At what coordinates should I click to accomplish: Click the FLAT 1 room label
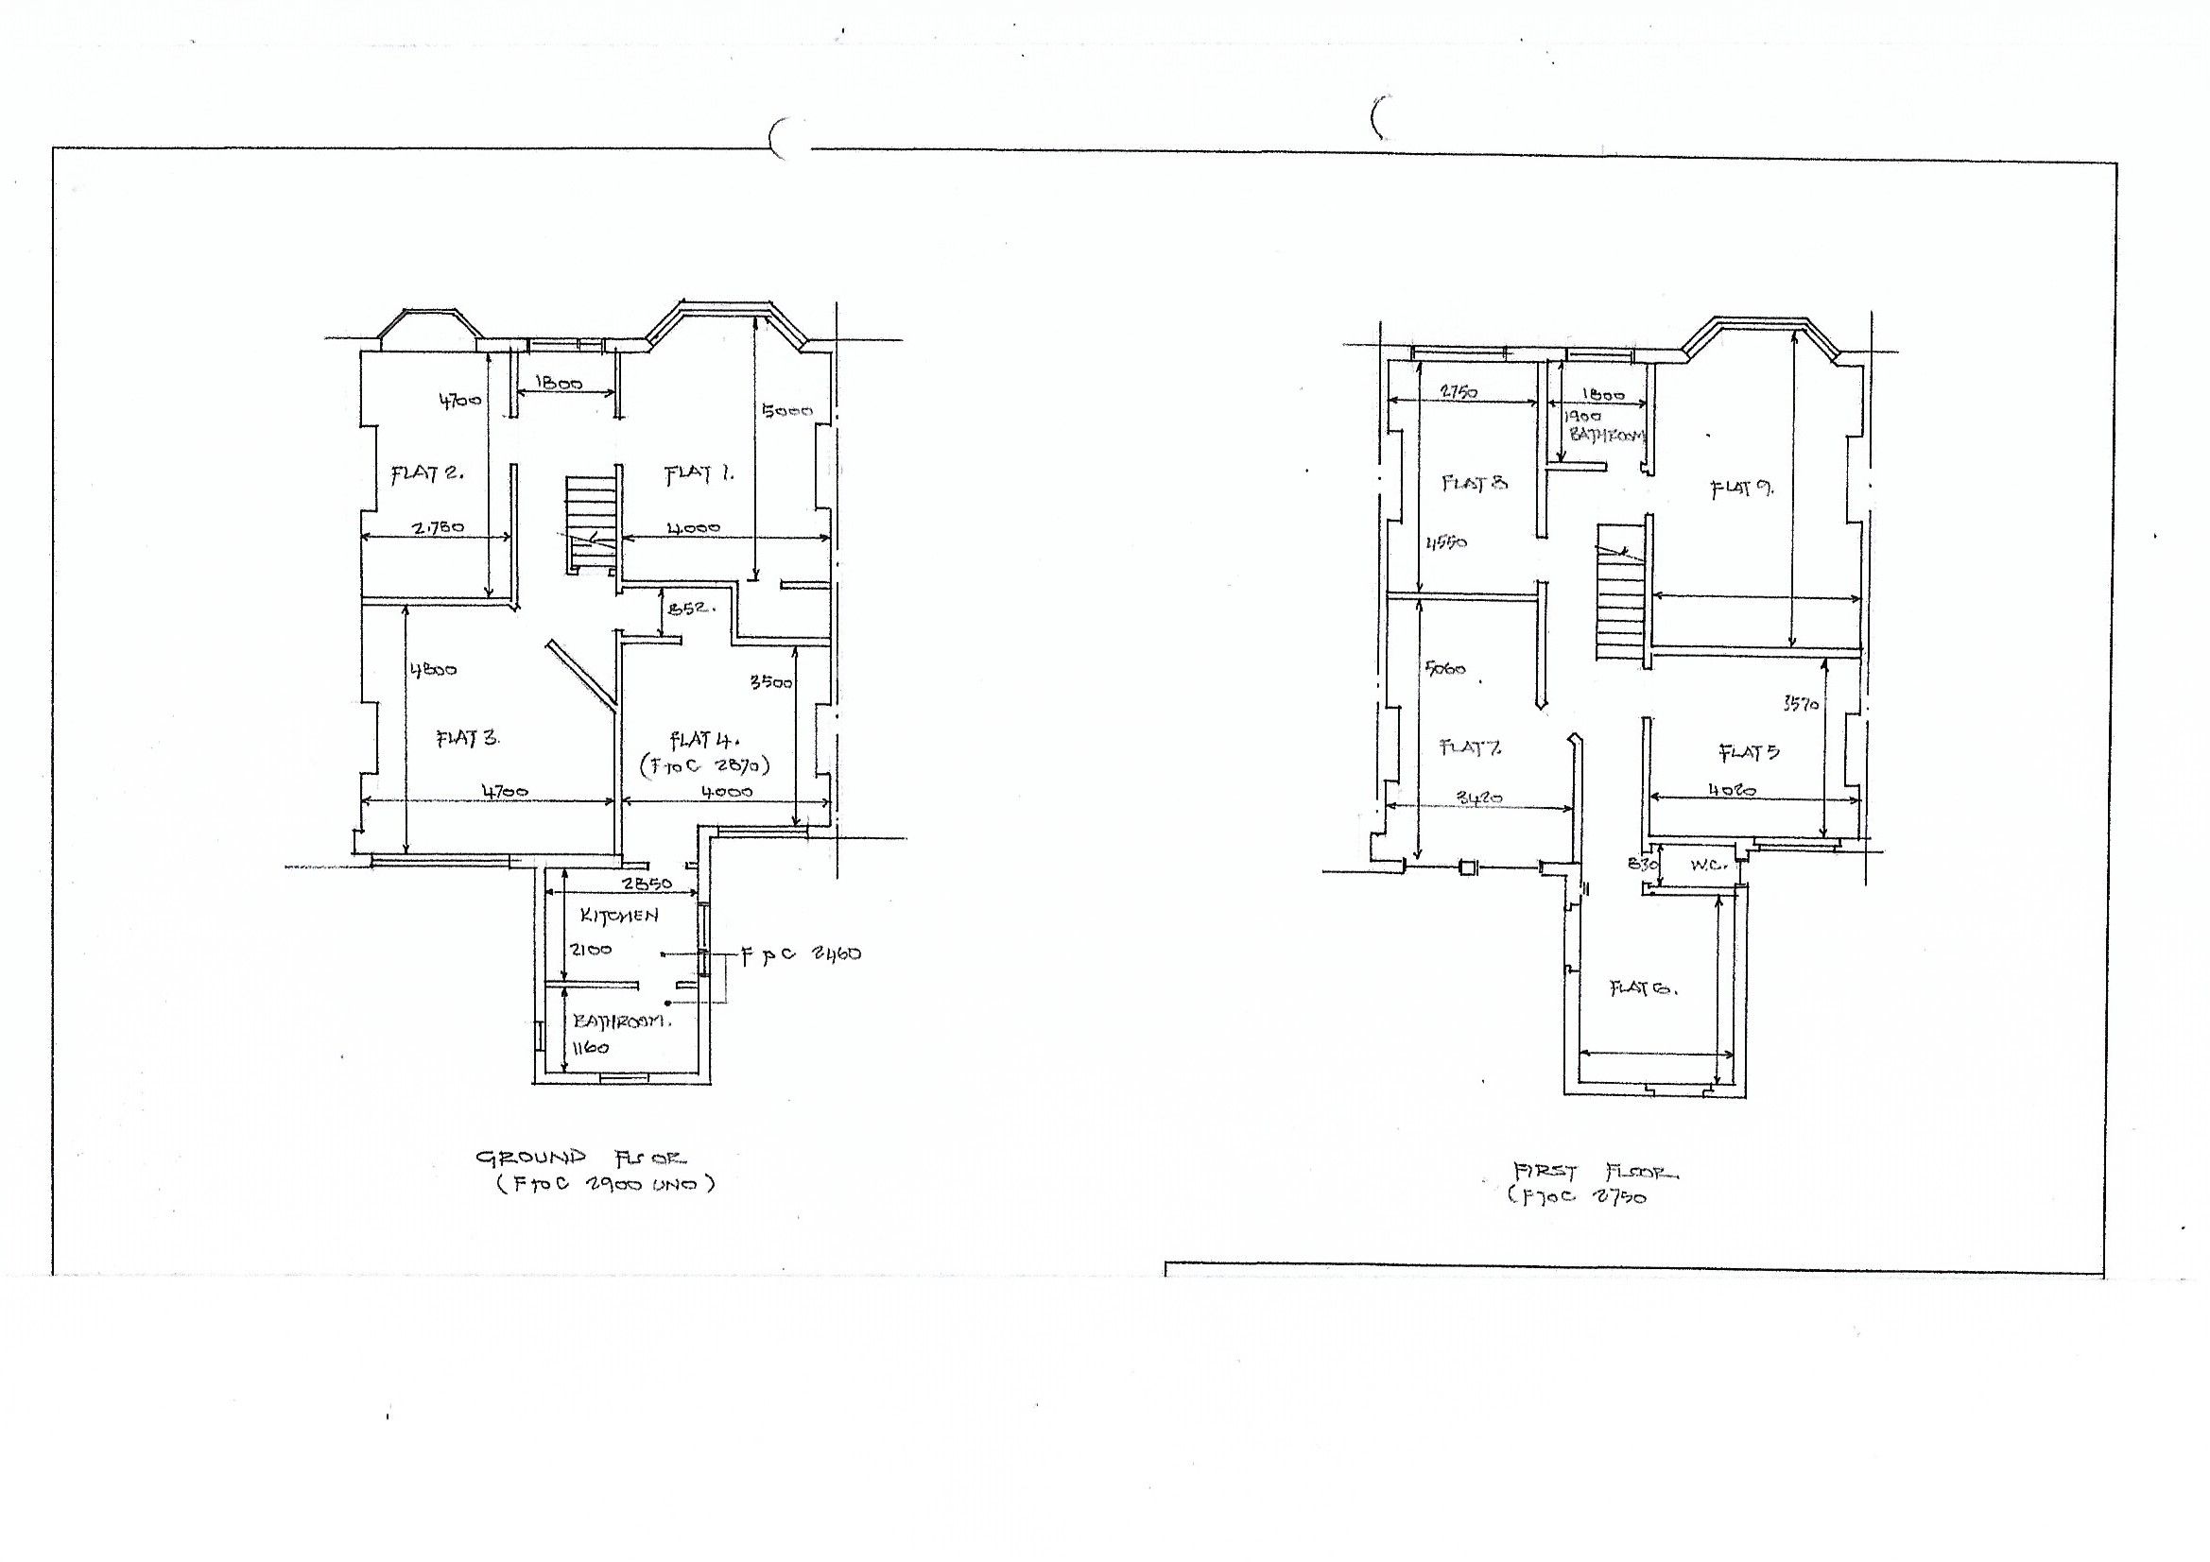pyautogui.click(x=699, y=473)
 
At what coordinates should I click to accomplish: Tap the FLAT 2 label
pyautogui.click(x=426, y=473)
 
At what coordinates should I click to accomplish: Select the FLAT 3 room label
pyautogui.click(x=468, y=738)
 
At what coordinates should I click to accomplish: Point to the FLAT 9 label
pyautogui.click(x=1741, y=489)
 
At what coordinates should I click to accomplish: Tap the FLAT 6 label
pyautogui.click(x=1644, y=988)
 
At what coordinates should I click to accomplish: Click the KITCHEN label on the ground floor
pyautogui.click(x=619, y=916)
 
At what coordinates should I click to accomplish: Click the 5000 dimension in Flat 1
pyautogui.click(x=786, y=411)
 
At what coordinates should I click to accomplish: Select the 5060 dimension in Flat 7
pyautogui.click(x=1444, y=668)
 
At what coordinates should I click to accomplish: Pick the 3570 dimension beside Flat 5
pyautogui.click(x=1800, y=704)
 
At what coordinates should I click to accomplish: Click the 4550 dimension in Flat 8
pyautogui.click(x=1445, y=542)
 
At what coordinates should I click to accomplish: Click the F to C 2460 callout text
pyautogui.click(x=801, y=954)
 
